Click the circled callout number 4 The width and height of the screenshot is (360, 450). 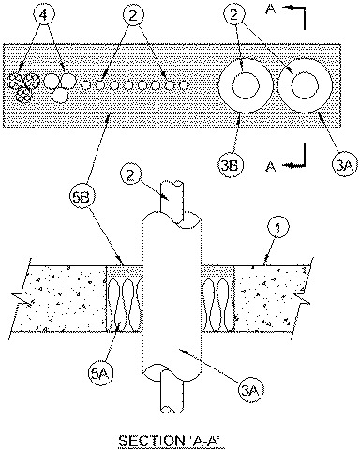point(44,15)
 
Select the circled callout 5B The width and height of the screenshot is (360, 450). point(80,199)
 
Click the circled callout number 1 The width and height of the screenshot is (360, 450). point(277,228)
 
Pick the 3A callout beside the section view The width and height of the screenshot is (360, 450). point(251,389)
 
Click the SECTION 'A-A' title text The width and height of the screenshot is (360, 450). point(172,441)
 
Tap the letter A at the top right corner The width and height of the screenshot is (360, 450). point(271,8)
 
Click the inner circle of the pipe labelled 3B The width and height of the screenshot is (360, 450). point(246,85)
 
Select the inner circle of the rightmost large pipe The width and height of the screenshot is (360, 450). point(305,85)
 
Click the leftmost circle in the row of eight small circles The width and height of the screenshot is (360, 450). point(85,84)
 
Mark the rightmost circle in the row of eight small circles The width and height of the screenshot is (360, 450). point(185,84)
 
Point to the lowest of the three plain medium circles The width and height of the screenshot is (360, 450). point(60,95)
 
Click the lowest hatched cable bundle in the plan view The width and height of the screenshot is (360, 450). point(23,96)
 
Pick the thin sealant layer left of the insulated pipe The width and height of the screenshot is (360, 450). point(125,272)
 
